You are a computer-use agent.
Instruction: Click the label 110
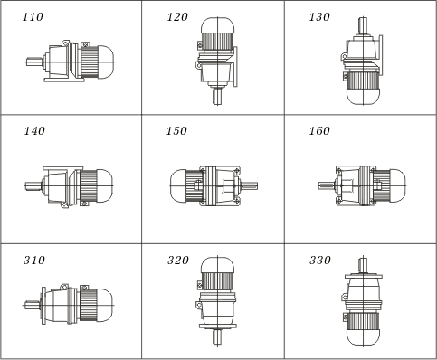tap(33, 17)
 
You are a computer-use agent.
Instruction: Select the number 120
tap(177, 17)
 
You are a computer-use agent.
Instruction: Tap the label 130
tap(319, 17)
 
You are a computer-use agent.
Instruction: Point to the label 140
tap(34, 131)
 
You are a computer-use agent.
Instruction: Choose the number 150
tap(176, 131)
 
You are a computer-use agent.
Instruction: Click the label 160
tap(319, 131)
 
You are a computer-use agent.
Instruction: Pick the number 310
tap(34, 260)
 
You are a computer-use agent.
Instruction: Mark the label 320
tap(178, 260)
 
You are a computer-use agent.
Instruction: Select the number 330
tap(320, 260)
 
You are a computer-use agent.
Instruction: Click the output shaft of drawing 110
tap(34, 62)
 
